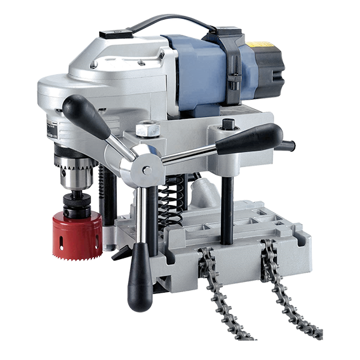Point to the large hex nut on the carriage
click(x=147, y=128)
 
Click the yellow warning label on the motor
click(x=262, y=46)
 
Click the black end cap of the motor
click(x=269, y=74)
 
